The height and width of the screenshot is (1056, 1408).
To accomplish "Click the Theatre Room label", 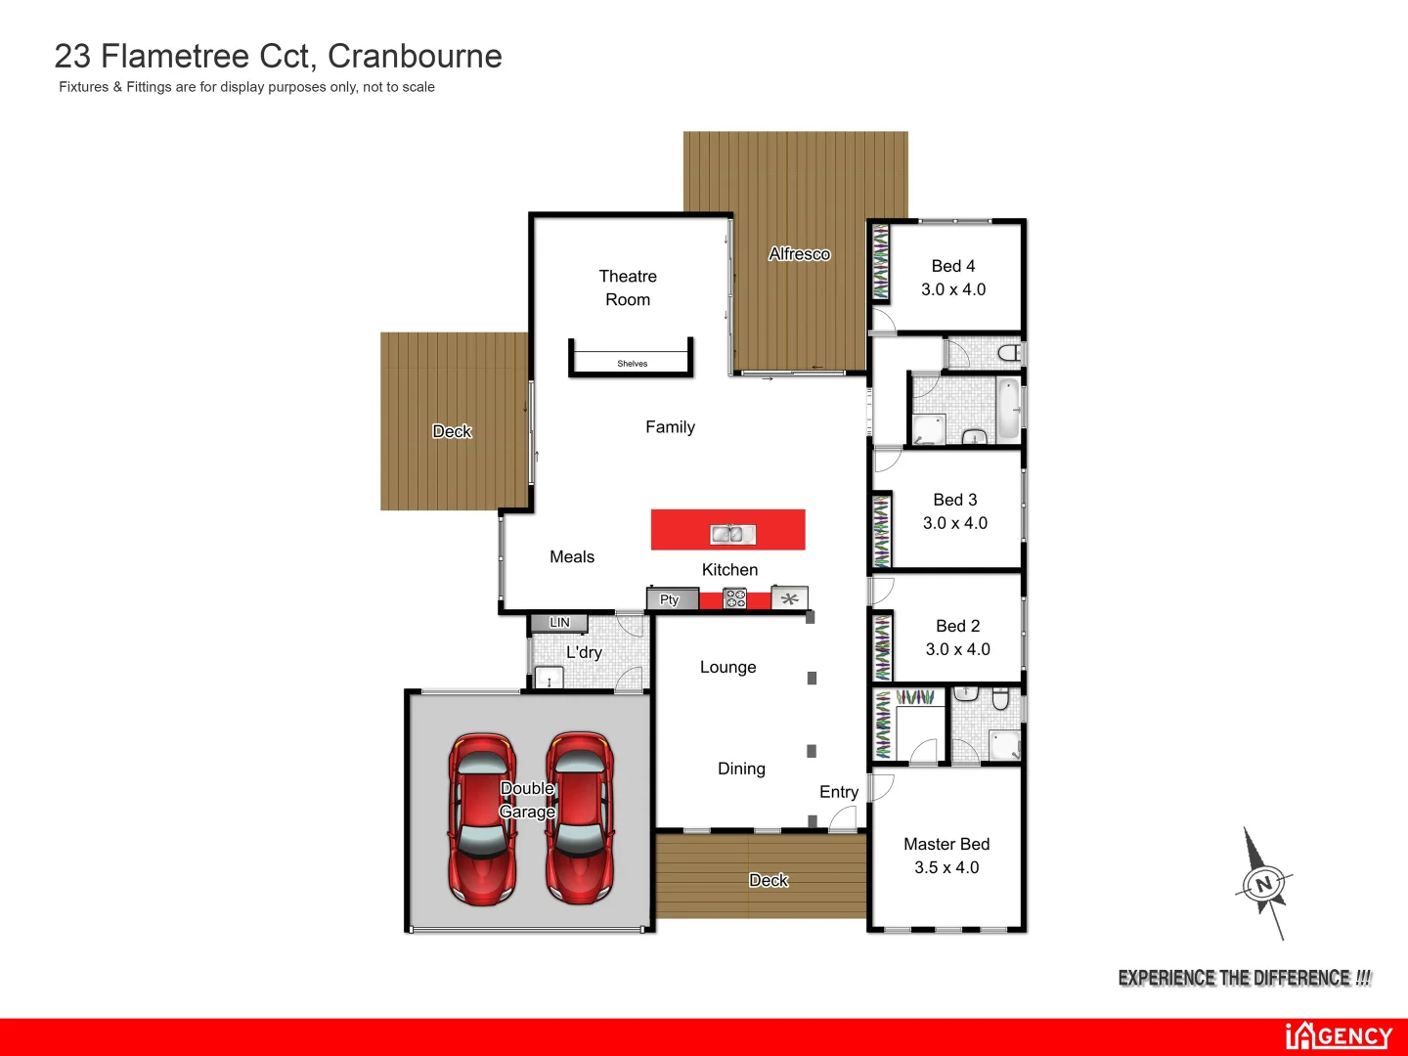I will [x=628, y=287].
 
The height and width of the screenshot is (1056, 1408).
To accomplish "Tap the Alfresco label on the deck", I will [x=799, y=254].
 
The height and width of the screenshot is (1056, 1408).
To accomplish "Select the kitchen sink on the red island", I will [x=732, y=534].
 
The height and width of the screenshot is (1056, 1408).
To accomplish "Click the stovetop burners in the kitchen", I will [x=734, y=598].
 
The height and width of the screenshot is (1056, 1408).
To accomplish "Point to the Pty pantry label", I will [x=670, y=599].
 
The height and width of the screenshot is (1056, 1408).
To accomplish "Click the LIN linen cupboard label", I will [x=559, y=622].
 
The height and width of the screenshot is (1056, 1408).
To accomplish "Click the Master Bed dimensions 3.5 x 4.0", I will [x=946, y=867].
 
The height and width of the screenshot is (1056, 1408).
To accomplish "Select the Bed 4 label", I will [x=953, y=266].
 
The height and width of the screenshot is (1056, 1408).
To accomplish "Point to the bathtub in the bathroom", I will [x=1007, y=409].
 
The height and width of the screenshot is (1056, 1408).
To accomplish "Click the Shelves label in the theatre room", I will [x=633, y=364].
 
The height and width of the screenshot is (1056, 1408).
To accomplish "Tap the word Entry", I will [x=839, y=792].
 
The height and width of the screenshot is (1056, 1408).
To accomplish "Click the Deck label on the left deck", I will [x=452, y=431].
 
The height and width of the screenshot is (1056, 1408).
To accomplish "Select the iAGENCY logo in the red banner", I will [x=1339, y=1035].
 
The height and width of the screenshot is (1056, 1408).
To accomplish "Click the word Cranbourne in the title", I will [x=415, y=57].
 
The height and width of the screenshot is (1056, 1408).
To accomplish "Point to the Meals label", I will [x=572, y=557].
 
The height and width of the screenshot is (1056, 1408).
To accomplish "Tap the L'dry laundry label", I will [x=584, y=652].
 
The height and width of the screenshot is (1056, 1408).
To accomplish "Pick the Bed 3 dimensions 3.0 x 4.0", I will [x=955, y=523].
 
